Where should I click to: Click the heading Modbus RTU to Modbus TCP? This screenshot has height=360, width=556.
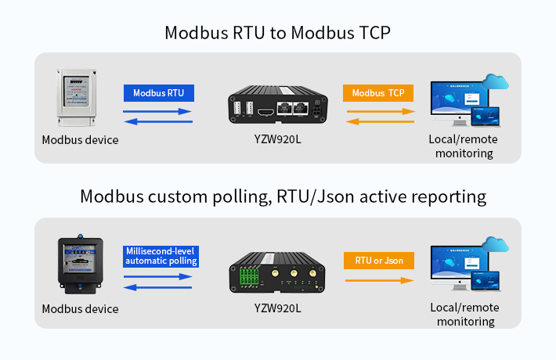[x=277, y=33]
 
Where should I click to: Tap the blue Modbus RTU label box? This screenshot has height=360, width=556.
[x=158, y=93]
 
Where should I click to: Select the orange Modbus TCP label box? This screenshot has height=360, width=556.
[x=378, y=93]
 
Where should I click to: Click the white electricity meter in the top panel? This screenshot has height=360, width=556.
[x=78, y=97]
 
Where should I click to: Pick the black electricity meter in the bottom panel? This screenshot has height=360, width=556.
[x=79, y=264]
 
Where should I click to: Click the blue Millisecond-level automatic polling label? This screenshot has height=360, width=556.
[x=161, y=256]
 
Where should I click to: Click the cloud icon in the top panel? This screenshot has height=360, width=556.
[x=496, y=81]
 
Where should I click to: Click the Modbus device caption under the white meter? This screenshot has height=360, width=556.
[x=80, y=140]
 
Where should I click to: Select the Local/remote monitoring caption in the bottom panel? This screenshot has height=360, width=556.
[x=466, y=315]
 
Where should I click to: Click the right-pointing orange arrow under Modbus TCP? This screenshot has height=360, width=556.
[x=380, y=112]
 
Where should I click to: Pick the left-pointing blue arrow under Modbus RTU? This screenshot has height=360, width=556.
[x=157, y=121]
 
